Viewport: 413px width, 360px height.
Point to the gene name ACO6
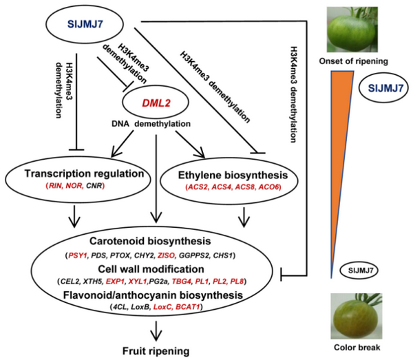tap(278, 187)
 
